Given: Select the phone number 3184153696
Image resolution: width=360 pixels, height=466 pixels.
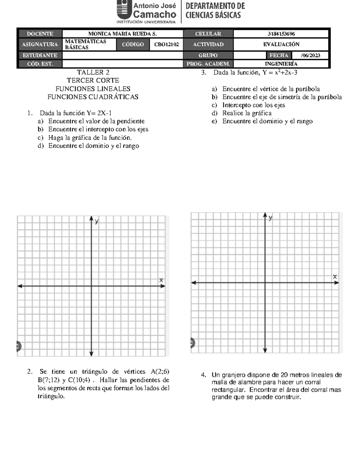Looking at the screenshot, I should [281, 34].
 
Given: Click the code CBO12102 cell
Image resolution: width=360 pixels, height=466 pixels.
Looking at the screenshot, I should [166, 44].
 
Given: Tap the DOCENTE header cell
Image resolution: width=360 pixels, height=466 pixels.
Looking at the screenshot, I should [40, 34].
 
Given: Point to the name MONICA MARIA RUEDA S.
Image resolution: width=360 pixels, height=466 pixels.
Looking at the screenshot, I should [122, 34].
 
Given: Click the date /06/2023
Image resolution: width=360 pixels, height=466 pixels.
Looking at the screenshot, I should [310, 55].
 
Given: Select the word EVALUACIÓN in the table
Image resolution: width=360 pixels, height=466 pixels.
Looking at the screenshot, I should [281, 44].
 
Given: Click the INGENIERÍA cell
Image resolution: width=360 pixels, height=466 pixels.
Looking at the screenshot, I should [281, 64].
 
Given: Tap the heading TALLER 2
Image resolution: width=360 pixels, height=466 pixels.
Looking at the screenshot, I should [93, 72].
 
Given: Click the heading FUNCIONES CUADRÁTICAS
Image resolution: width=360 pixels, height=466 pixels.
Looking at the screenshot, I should [93, 97].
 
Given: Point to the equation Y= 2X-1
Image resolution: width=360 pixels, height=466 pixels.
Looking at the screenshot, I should [99, 113].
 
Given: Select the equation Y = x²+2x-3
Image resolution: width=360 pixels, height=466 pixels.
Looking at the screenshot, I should [280, 72].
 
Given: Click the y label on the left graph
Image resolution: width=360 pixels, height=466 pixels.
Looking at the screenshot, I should [97, 221].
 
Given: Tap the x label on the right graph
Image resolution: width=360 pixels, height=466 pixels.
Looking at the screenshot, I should [335, 276].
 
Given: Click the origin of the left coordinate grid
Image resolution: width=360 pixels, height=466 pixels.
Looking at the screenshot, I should [91, 286].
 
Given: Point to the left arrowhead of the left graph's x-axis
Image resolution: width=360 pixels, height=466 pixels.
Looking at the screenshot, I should [20, 286].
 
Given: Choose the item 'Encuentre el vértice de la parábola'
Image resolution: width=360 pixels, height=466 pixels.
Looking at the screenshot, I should [271, 89].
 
